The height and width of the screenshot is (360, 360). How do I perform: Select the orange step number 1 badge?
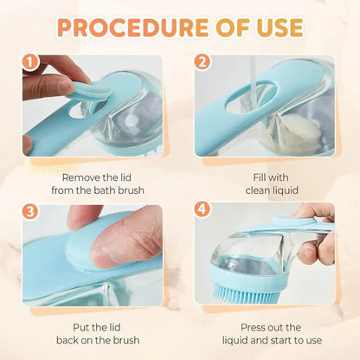click(x=31, y=63)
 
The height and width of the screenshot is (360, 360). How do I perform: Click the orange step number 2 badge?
click(x=202, y=63)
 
